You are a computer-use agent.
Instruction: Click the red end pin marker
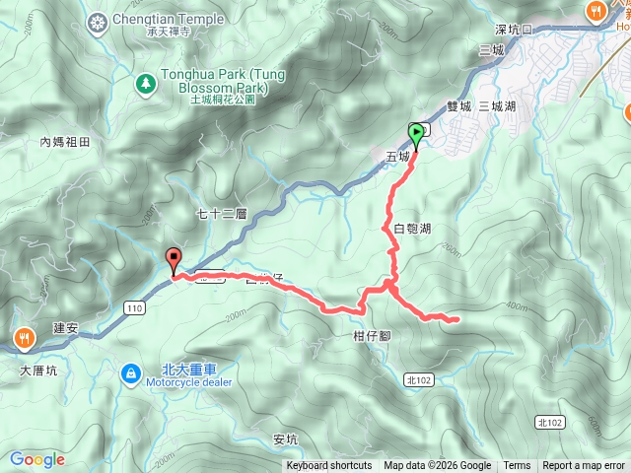point(175,259)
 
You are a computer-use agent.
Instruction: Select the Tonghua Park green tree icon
point(145,84)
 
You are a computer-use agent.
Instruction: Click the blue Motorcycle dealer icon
point(130,373)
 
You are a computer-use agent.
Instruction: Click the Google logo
point(36,460)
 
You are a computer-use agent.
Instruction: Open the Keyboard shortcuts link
point(329,466)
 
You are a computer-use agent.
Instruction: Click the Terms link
point(517,466)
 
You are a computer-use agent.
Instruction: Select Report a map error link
point(584,466)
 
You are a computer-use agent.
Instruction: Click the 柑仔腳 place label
point(372,336)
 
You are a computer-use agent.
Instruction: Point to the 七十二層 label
point(221,213)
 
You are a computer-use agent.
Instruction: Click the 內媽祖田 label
point(65,142)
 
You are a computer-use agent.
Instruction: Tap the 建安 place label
point(65,327)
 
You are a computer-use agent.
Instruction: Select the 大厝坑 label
point(38,372)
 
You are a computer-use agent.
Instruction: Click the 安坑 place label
point(284,439)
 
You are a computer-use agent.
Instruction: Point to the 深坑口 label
point(513,29)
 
